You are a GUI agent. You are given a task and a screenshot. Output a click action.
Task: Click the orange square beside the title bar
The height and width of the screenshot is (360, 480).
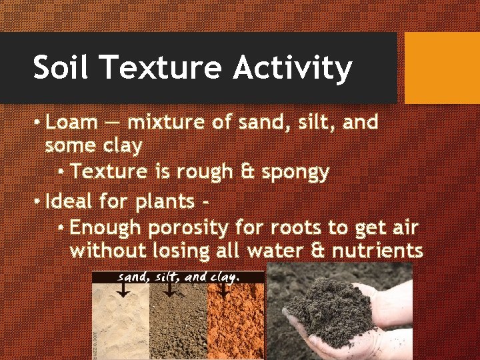[442, 68]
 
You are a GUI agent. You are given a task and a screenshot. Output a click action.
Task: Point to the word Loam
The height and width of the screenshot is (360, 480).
[72, 123]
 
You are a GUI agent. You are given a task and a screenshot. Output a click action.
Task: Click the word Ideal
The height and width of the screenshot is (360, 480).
[72, 200]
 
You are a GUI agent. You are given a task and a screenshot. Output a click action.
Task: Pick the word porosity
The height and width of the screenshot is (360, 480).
[189, 228]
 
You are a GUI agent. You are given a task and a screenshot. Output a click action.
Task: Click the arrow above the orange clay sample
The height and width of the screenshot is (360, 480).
[224, 291]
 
